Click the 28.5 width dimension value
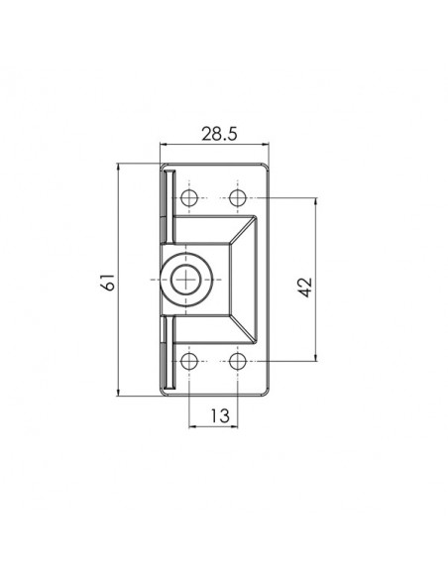[x=218, y=134]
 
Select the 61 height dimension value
[x=109, y=283]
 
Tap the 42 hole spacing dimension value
[x=305, y=288]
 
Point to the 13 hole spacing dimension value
[x=220, y=415]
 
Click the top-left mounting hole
[x=189, y=198]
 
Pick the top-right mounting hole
[x=237, y=198]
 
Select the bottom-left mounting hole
[x=189, y=361]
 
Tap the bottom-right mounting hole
[x=237, y=361]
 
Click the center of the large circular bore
[x=185, y=280]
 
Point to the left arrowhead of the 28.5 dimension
[x=164, y=145]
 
